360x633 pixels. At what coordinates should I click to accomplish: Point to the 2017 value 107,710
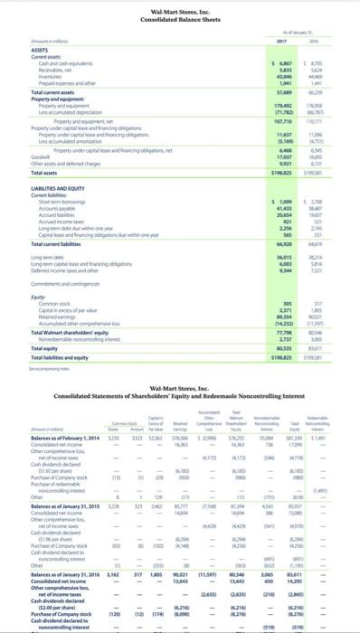(x=285, y=121)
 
